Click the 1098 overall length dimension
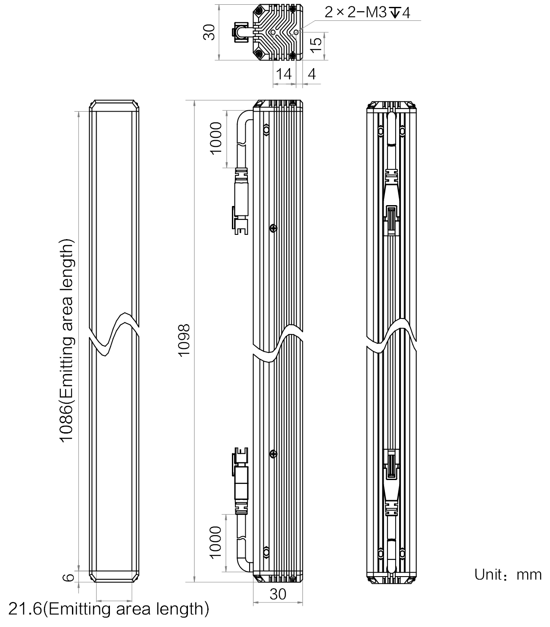pyautogui.click(x=184, y=340)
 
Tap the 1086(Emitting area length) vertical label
pyautogui.click(x=66, y=340)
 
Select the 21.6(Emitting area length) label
pyautogui.click(x=109, y=608)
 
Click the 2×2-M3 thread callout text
pyautogui.click(x=367, y=12)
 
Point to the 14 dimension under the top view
pyautogui.click(x=284, y=74)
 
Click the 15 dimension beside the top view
pyautogui.click(x=316, y=45)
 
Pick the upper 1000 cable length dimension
pyautogui.click(x=216, y=138)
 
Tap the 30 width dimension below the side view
pyautogui.click(x=278, y=594)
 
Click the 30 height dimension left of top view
pyautogui.click(x=209, y=32)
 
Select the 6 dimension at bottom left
pyautogui.click(x=69, y=577)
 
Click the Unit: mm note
pyautogui.click(x=508, y=575)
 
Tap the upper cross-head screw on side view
pyautogui.click(x=273, y=228)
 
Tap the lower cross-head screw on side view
pyautogui.click(x=273, y=454)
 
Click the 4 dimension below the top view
pyautogui.click(x=312, y=74)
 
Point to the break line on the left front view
pyautogui.click(x=114, y=334)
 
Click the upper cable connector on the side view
pyautogui.click(x=241, y=201)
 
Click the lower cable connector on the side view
pyautogui.click(x=241, y=480)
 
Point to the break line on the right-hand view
pyautogui.click(x=391, y=335)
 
